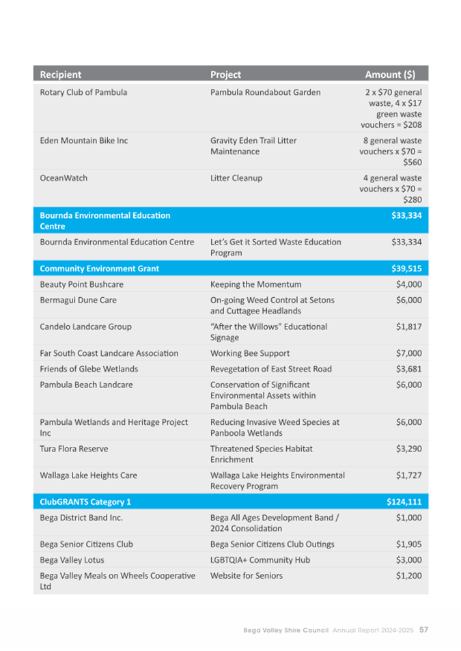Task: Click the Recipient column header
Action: pyautogui.click(x=60, y=74)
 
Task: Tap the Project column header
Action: pyautogui.click(x=225, y=74)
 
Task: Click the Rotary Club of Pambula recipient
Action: pyautogui.click(x=83, y=92)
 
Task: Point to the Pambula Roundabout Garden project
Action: pyautogui.click(x=265, y=92)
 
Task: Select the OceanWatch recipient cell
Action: pyautogui.click(x=64, y=178)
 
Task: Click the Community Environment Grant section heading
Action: pyautogui.click(x=99, y=268)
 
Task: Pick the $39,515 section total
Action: pyautogui.click(x=406, y=268)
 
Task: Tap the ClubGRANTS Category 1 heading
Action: pyautogui.click(x=85, y=502)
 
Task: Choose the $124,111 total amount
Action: pyautogui.click(x=404, y=502)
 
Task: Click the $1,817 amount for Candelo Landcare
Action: pyautogui.click(x=408, y=327)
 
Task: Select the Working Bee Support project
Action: pyautogui.click(x=250, y=353)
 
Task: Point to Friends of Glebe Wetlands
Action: pyautogui.click(x=89, y=369)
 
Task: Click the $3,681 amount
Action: pyautogui.click(x=408, y=369)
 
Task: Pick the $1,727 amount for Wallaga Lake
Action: pyautogui.click(x=408, y=475)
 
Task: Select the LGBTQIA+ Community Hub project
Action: pyautogui.click(x=260, y=560)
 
